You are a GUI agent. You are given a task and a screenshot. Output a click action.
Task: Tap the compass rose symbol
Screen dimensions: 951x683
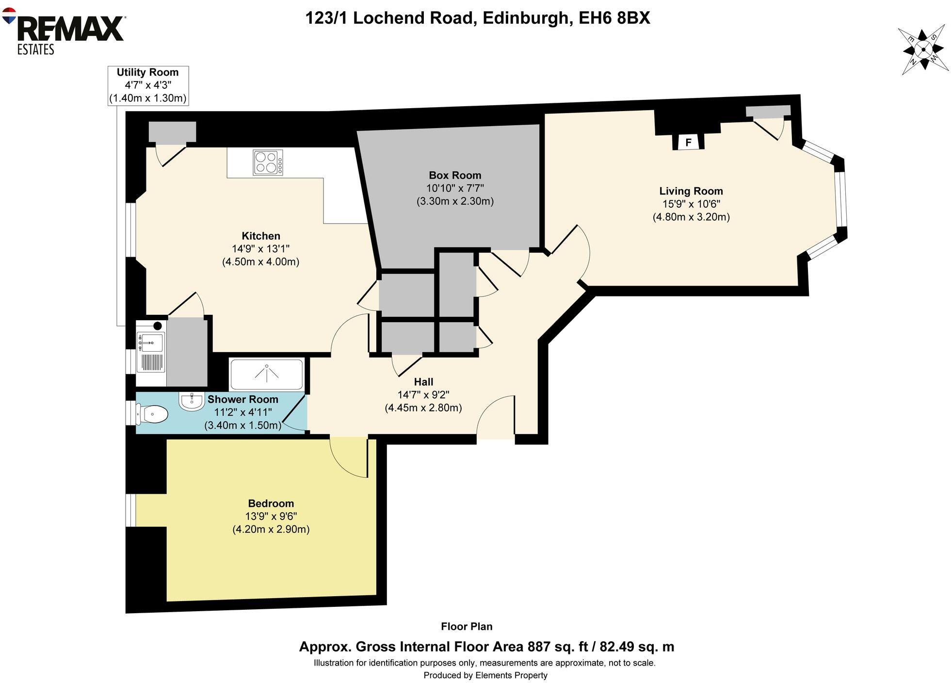click(x=923, y=49)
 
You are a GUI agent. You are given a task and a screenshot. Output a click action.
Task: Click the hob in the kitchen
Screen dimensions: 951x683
click(x=268, y=163)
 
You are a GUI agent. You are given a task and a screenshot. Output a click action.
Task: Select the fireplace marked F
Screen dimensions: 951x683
click(x=688, y=143)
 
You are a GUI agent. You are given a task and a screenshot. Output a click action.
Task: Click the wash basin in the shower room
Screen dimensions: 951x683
click(x=192, y=401)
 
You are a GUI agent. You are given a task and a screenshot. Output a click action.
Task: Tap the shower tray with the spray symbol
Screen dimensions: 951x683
click(x=266, y=374)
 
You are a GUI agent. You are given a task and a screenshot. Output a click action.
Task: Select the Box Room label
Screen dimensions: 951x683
click(x=455, y=175)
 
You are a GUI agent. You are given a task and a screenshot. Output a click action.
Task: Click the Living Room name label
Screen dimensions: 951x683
click(x=691, y=191)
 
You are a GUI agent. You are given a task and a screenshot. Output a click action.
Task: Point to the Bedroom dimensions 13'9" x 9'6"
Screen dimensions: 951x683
click(x=271, y=516)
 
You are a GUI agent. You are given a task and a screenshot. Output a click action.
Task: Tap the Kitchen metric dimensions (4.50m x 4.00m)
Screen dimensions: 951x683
click(x=260, y=262)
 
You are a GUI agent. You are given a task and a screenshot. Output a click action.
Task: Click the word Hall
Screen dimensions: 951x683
click(x=423, y=382)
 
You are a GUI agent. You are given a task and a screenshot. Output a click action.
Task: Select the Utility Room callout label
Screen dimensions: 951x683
click(x=147, y=85)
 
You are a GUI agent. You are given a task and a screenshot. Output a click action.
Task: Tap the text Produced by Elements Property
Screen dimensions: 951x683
click(x=485, y=675)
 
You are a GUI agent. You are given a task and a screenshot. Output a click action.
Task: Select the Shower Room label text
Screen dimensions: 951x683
click(x=242, y=399)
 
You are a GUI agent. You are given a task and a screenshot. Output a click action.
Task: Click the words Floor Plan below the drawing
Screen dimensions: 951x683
click(x=467, y=626)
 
